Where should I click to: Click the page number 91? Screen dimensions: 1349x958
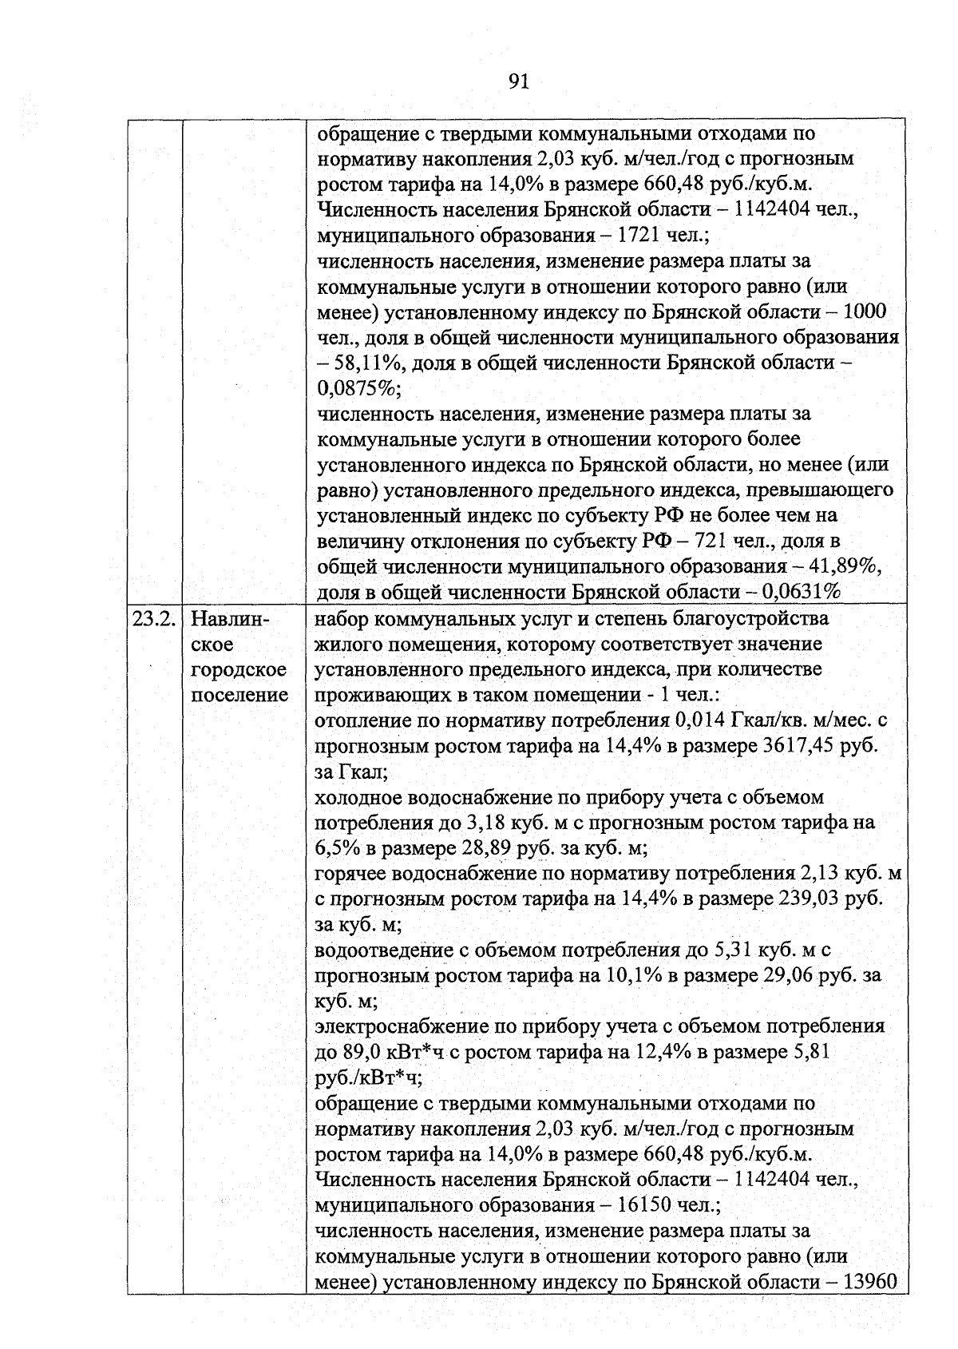(518, 81)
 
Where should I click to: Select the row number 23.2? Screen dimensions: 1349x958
(153, 619)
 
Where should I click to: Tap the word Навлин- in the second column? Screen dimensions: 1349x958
(232, 619)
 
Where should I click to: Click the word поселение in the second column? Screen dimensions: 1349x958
(239, 695)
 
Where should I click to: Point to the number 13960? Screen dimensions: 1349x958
(870, 1281)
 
